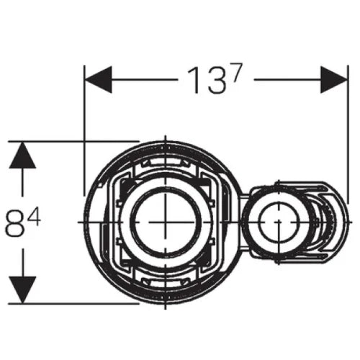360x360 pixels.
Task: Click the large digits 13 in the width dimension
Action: click(207, 81)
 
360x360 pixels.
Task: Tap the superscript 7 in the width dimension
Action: click(236, 72)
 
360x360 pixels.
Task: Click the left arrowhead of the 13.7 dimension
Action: click(99, 79)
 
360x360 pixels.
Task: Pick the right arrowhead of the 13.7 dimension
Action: click(334, 79)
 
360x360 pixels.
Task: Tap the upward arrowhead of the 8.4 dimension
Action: click(22, 155)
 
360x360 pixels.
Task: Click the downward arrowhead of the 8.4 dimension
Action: click(22, 289)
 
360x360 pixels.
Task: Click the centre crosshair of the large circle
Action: click(166, 222)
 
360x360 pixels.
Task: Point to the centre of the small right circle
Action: click(279, 222)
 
